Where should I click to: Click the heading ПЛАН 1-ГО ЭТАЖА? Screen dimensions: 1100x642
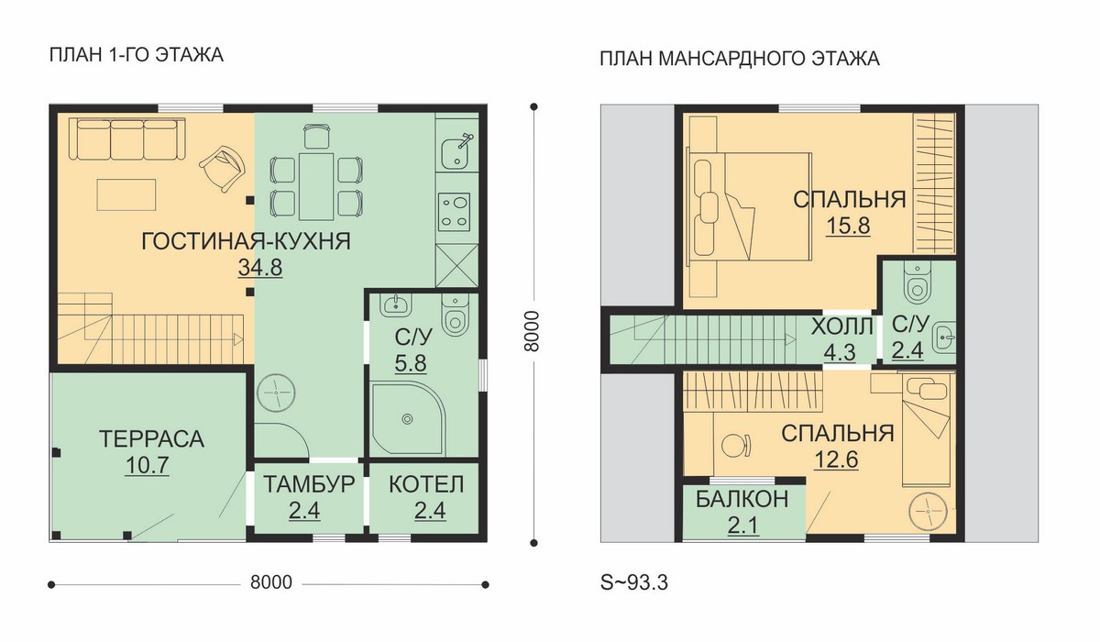[x=137, y=54]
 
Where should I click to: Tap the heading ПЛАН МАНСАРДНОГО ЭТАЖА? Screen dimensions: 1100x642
[x=740, y=59]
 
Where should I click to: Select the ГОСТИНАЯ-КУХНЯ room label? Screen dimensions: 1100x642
[x=246, y=242]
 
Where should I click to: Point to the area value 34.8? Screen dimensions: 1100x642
[x=260, y=268]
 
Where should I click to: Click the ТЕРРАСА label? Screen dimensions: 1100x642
[x=152, y=438]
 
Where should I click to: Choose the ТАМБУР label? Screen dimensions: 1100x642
[x=309, y=484]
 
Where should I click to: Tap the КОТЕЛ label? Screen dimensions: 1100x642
[x=426, y=484]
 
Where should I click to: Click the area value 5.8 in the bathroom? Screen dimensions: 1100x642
[x=411, y=363]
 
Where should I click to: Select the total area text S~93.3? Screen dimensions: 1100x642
[x=634, y=582]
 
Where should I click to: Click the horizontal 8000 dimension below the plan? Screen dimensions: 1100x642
[x=271, y=582]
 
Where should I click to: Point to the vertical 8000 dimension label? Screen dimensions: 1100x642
[x=532, y=331]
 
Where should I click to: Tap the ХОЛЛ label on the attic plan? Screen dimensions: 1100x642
[x=841, y=327]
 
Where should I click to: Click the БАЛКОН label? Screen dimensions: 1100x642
[x=742, y=500]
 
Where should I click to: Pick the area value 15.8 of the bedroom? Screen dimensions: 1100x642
[x=848, y=226]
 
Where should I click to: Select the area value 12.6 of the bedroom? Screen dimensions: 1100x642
[x=836, y=459]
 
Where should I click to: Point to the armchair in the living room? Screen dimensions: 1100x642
[x=223, y=168]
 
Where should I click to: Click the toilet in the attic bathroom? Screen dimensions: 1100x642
[x=918, y=282]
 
